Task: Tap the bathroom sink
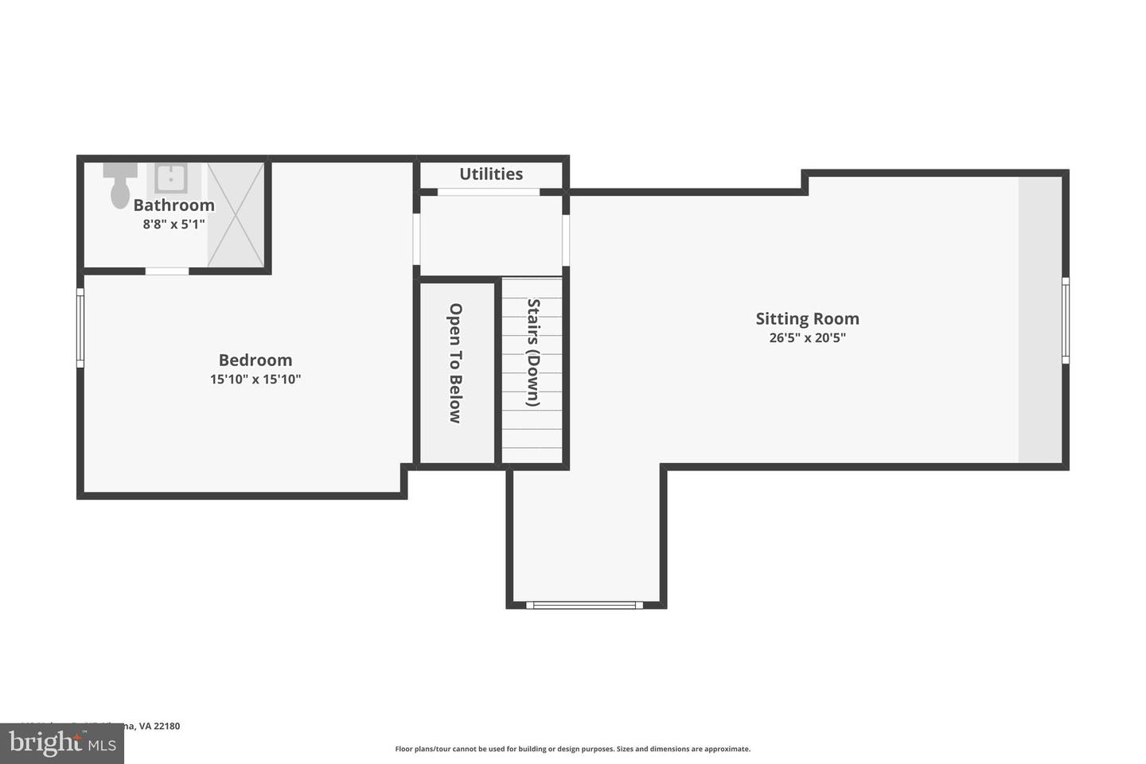(170, 178)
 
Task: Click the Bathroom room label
(173, 205)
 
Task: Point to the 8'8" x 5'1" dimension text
(173, 224)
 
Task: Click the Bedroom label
(255, 360)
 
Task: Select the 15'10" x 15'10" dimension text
(255, 380)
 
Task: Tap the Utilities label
(491, 173)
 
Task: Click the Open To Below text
(455, 363)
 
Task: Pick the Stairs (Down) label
(534, 353)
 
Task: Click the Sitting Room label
(807, 318)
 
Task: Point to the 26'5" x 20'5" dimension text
(807, 337)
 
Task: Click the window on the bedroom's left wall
(80, 328)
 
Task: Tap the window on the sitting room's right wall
(1066, 320)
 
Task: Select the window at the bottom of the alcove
(585, 605)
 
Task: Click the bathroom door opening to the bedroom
(167, 271)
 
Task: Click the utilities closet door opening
(489, 192)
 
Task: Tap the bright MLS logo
(62, 743)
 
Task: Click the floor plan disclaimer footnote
(572, 749)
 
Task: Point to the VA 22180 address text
(159, 726)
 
